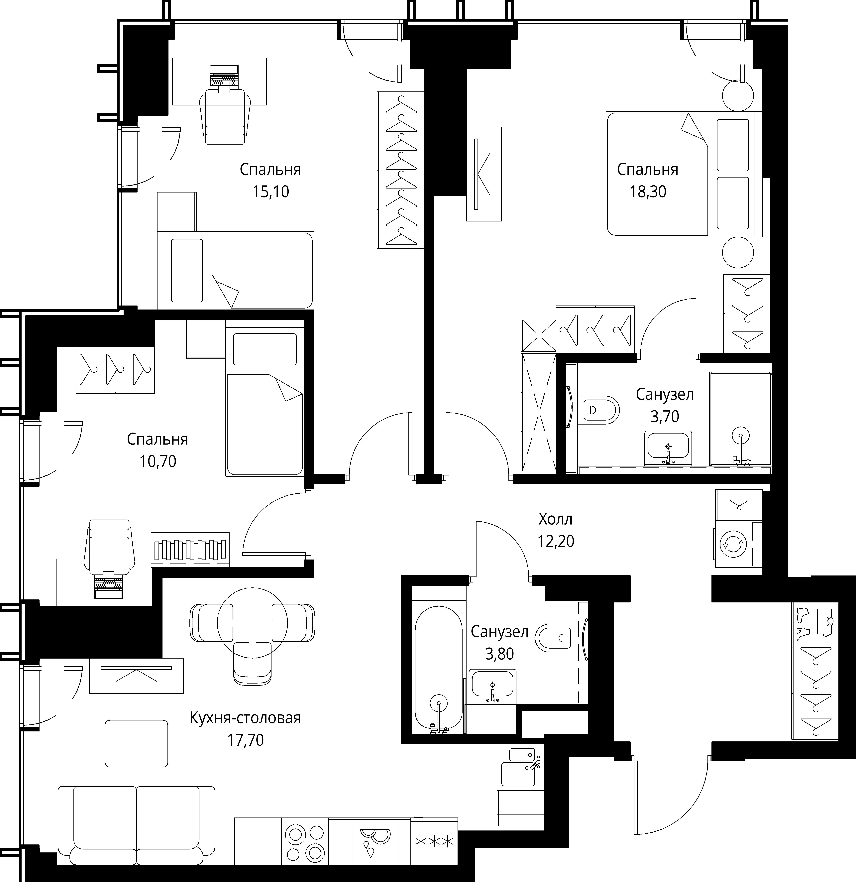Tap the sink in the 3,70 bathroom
(x=668, y=448)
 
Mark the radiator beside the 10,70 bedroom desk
(x=190, y=549)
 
